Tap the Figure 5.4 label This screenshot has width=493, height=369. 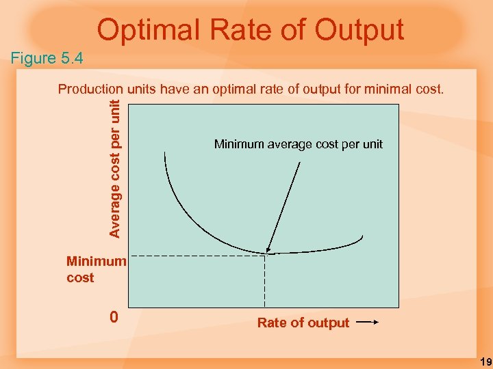coord(47,58)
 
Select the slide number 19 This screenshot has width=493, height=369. coord(482,360)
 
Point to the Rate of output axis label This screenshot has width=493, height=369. coord(303,323)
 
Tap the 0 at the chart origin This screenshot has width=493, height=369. coord(114,317)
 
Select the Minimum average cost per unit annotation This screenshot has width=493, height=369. coord(299,144)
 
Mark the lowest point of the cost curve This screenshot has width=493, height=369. coord(266,254)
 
